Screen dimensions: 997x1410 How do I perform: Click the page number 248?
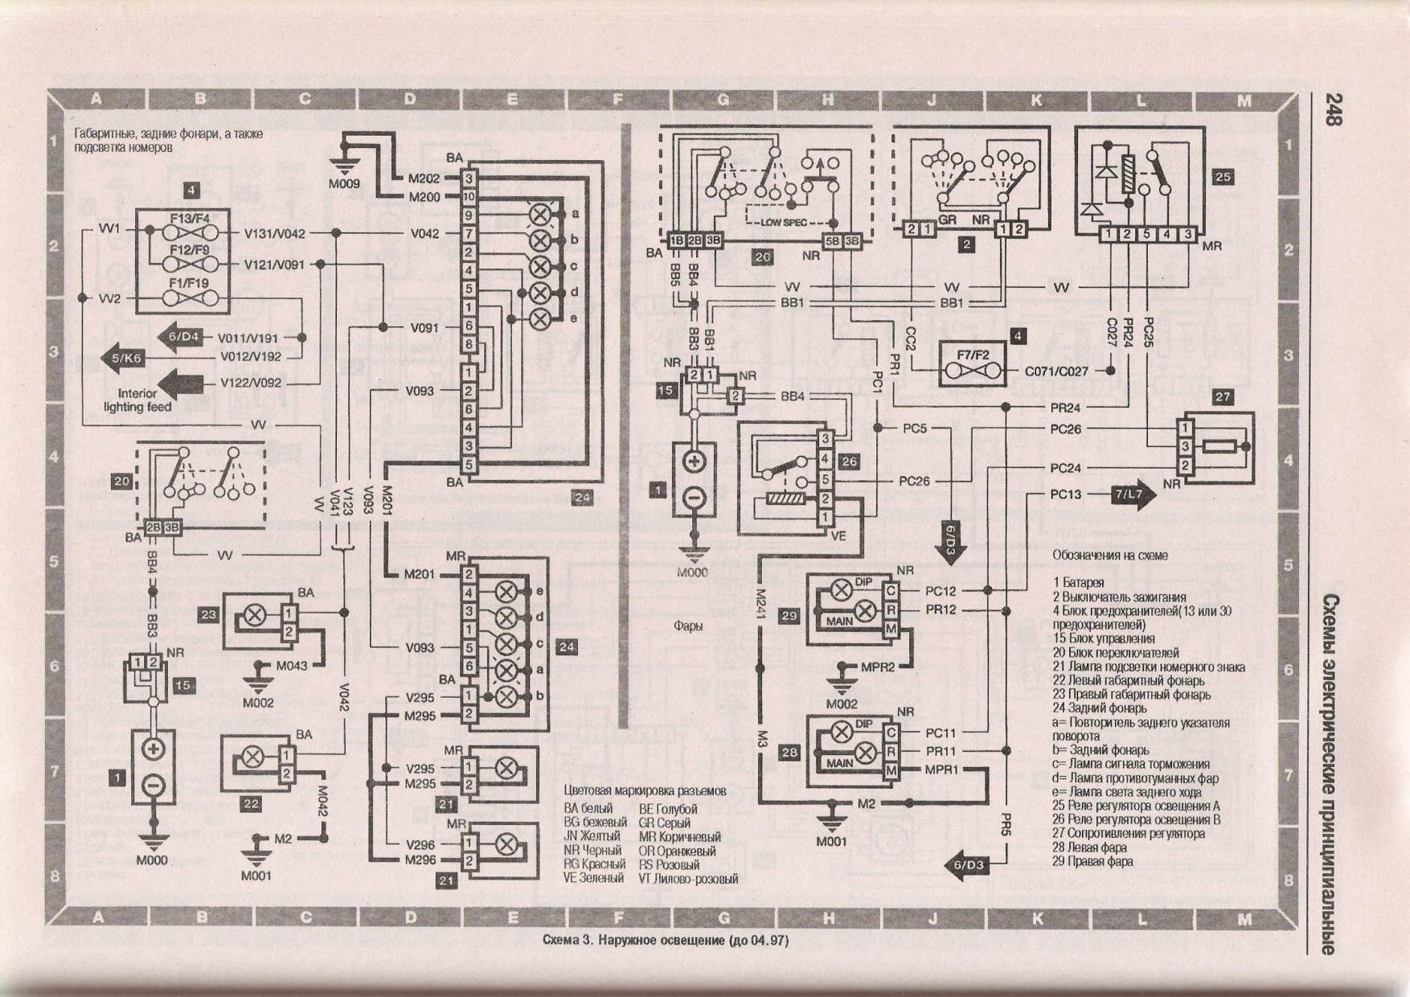tap(1332, 109)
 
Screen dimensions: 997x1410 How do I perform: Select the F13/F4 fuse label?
tap(190, 218)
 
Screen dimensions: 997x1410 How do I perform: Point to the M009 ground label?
tap(344, 184)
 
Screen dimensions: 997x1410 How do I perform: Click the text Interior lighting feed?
tap(137, 400)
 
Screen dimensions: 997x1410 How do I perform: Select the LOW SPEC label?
tap(784, 223)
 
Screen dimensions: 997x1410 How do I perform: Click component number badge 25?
tap(1222, 177)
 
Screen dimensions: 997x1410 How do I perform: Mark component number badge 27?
tap(1222, 397)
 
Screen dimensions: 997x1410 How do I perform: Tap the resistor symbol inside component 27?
tap(1219, 446)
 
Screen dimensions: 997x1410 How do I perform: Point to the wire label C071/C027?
tap(1056, 371)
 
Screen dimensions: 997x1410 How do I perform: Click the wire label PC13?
tap(1065, 494)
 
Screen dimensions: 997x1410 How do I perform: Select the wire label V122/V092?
tap(251, 383)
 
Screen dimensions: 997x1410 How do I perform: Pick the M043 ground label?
tap(292, 666)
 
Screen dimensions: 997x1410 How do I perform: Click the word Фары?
tap(688, 626)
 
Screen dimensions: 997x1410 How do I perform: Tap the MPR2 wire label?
tap(877, 667)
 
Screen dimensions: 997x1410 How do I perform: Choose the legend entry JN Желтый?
tap(592, 836)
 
